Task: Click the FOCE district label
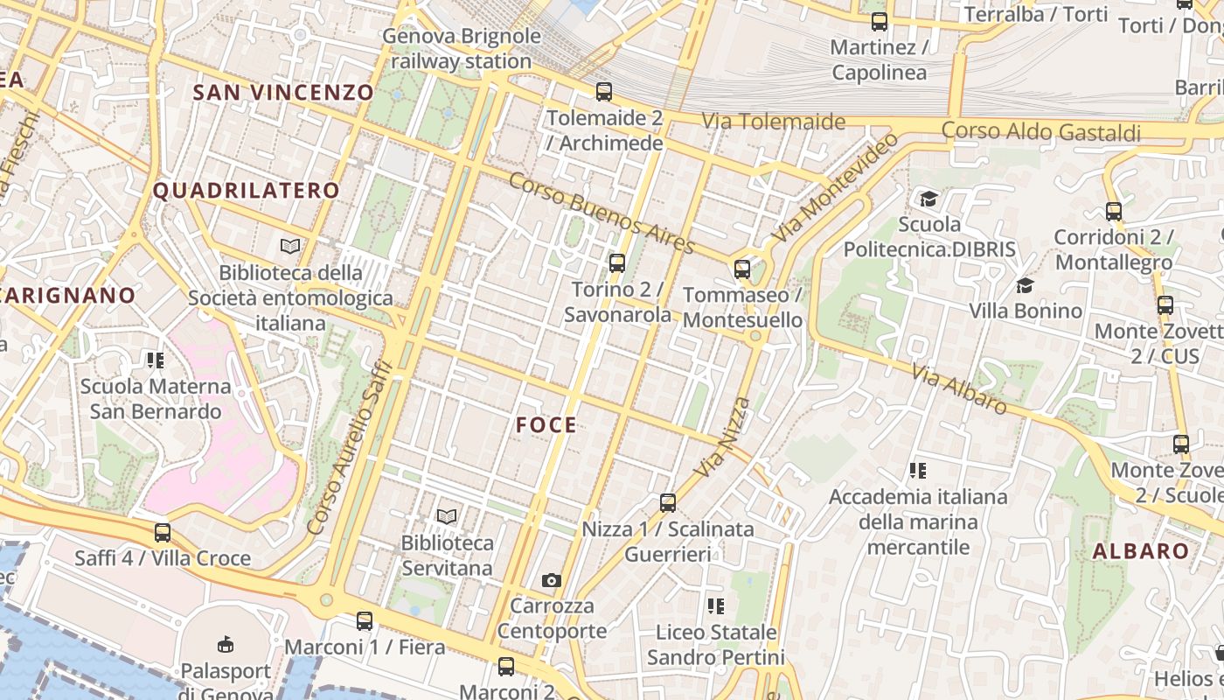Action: [546, 425]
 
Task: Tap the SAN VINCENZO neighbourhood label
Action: [283, 92]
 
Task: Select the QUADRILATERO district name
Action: [247, 191]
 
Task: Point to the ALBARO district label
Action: [1141, 551]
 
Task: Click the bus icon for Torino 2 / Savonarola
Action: [617, 262]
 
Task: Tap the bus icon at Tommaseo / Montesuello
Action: [742, 269]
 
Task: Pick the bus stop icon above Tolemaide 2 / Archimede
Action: [603, 91]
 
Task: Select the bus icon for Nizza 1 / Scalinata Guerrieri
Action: [668, 502]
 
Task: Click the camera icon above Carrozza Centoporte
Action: [551, 580]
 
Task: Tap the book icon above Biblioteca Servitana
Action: [447, 516]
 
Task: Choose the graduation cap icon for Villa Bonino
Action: [1025, 285]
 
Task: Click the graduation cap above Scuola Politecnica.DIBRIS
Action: [928, 199]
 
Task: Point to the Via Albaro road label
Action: [959, 388]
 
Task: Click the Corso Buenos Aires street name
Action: [602, 213]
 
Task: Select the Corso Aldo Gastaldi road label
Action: [1041, 131]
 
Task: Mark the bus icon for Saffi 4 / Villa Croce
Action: [163, 532]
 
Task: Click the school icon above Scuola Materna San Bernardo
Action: [156, 360]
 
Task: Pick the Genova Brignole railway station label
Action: [461, 49]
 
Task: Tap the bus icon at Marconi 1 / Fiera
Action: [365, 621]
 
